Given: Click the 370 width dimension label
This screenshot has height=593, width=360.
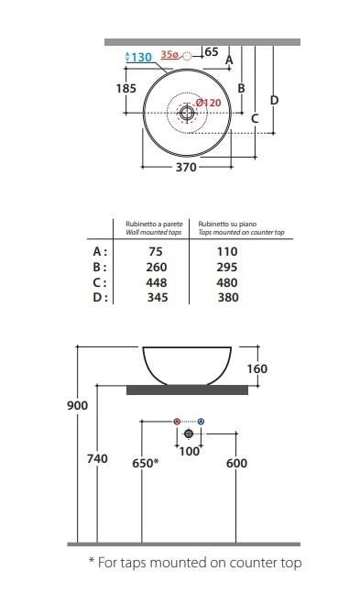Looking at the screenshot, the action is click(186, 167).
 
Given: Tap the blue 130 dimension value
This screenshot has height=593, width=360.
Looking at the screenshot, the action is click(142, 57).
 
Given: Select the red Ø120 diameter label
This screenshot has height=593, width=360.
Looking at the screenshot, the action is click(208, 103).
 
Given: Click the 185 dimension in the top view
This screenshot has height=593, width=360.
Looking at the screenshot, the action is click(125, 88).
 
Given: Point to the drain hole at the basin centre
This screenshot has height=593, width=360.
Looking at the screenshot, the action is click(187, 113).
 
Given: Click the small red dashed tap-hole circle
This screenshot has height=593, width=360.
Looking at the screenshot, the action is click(187, 56).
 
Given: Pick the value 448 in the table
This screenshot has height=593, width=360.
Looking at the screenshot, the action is click(156, 282).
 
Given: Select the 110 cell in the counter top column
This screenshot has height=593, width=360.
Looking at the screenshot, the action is click(227, 251).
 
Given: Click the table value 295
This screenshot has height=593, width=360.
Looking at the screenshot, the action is click(227, 267).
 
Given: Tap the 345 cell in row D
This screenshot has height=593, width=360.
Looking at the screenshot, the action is click(158, 297).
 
